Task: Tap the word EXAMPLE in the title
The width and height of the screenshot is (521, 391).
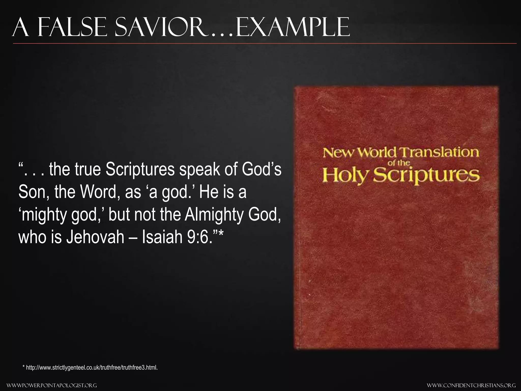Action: (293, 27)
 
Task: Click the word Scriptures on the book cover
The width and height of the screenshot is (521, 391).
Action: (428, 176)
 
